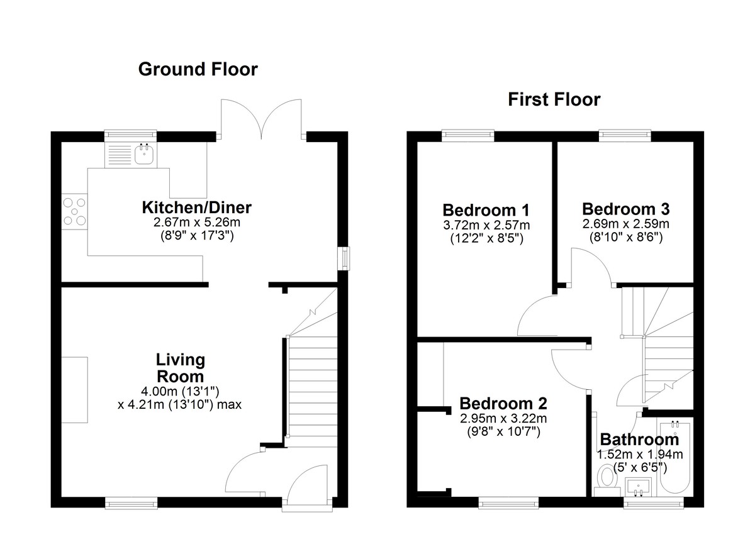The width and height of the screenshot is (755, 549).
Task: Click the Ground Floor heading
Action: point(198,69)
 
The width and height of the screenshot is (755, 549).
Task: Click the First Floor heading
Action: point(554,100)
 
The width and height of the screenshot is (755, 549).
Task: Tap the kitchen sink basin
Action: point(144,154)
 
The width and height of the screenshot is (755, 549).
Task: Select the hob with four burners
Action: point(74,211)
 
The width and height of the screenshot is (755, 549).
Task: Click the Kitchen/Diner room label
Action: point(197,208)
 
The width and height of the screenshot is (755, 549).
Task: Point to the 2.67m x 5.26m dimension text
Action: point(197,222)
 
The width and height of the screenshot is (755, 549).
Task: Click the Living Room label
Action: point(181,368)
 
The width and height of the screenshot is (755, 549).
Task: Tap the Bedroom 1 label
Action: point(486,210)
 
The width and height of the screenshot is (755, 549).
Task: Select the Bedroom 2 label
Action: point(503,403)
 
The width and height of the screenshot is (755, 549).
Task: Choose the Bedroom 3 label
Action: point(626,209)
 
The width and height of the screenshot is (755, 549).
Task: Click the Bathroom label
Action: point(639,440)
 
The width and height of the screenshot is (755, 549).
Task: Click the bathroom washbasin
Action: point(639,487)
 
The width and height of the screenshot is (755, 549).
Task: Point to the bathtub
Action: point(674,457)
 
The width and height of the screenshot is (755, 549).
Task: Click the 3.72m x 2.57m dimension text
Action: point(486,225)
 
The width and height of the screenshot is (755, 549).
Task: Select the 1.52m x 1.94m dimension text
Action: point(640,455)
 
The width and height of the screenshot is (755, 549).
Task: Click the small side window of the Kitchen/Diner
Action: point(344,258)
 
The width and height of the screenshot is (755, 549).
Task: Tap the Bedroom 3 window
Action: point(625,134)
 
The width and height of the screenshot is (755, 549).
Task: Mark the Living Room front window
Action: point(131,503)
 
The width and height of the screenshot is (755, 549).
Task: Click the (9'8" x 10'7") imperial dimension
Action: point(503,431)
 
